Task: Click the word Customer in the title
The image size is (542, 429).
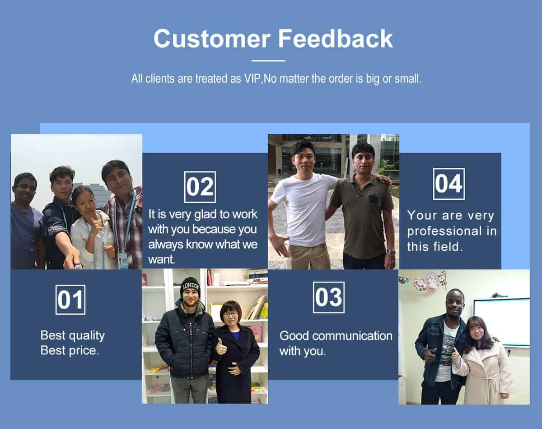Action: point(212,38)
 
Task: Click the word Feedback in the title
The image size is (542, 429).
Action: point(335,38)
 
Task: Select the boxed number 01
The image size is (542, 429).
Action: point(70,300)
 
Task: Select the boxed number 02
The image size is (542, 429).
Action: point(200,187)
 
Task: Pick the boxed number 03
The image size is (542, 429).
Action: point(329,297)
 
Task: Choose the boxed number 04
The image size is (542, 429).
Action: point(449,184)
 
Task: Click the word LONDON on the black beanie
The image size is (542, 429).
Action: point(191,287)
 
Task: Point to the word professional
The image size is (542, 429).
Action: point(444,231)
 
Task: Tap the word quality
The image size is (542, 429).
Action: point(87,336)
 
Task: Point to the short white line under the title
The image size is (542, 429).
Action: point(268,61)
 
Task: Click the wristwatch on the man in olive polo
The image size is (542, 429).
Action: point(391,252)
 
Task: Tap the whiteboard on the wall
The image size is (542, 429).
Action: point(501,322)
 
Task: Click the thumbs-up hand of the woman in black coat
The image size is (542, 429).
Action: point(221,347)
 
